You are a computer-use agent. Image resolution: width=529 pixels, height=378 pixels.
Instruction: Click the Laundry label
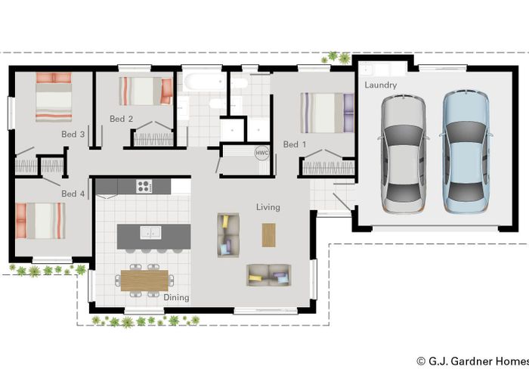pos(380,85)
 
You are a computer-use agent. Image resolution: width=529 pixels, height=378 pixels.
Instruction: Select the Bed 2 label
pos(121,119)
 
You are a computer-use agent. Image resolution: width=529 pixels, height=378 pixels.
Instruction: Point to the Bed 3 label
pos(73,134)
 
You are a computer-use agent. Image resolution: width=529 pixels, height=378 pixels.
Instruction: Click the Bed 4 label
pos(73,194)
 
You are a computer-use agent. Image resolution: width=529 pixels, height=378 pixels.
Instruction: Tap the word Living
pos(268,207)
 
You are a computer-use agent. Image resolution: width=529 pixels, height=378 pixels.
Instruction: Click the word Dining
pos(176,298)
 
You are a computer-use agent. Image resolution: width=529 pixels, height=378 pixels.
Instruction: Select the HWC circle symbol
pos(262,152)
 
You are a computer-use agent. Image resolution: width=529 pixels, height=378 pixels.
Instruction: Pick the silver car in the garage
pos(403,153)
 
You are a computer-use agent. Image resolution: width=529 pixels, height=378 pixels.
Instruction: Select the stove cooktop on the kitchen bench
pos(144,185)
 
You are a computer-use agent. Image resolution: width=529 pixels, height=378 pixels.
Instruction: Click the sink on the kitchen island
pos(153,233)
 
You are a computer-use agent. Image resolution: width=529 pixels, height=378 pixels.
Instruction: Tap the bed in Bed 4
pos(42,221)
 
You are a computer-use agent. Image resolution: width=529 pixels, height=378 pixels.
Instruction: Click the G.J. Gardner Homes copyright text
pos(472,361)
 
